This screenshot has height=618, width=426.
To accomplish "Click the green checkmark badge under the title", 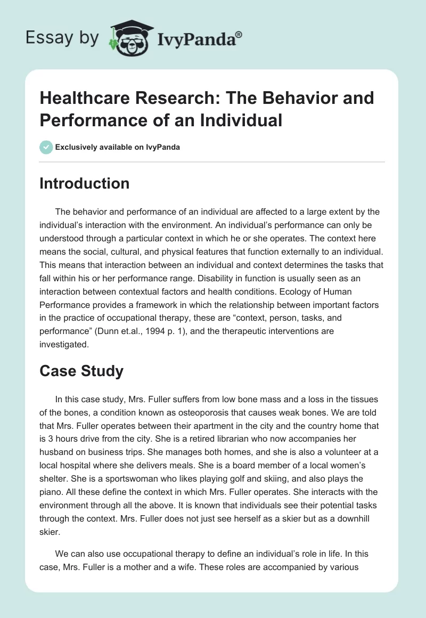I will [x=46, y=147].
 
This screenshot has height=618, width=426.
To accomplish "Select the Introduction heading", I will [x=84, y=183].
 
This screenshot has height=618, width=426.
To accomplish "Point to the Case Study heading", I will [x=81, y=371].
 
